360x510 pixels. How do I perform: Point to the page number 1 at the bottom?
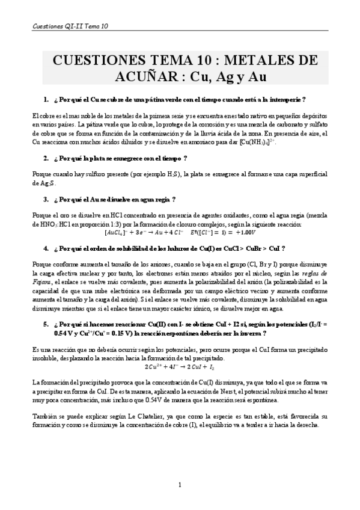(x=180, y=485)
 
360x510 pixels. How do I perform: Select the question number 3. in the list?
(x=46, y=199)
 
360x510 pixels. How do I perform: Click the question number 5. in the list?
(x=46, y=323)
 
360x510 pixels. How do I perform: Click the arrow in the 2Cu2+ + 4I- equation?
(x=182, y=366)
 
